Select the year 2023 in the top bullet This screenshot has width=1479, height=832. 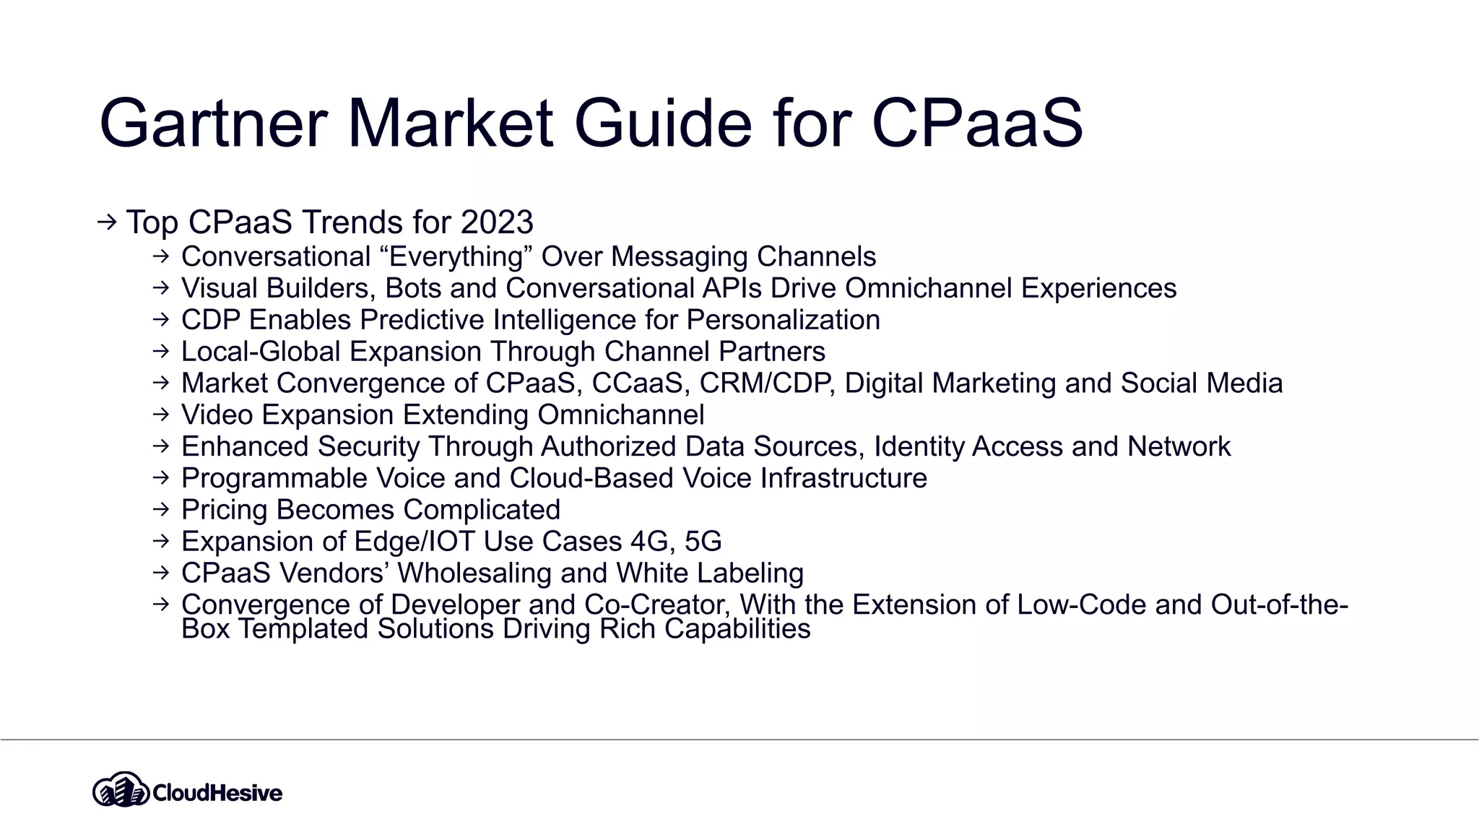pyautogui.click(x=497, y=222)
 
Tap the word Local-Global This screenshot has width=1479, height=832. pyautogui.click(x=261, y=352)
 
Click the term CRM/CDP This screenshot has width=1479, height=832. pyautogui.click(x=767, y=383)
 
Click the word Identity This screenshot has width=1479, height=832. pyautogui.click(x=919, y=447)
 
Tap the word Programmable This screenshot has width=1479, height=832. pyautogui.click(x=274, y=479)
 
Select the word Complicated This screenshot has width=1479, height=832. pyautogui.click(x=482, y=510)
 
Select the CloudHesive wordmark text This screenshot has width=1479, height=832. pyautogui.click(x=217, y=793)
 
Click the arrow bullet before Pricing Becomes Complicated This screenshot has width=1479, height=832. pyautogui.click(x=161, y=509)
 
